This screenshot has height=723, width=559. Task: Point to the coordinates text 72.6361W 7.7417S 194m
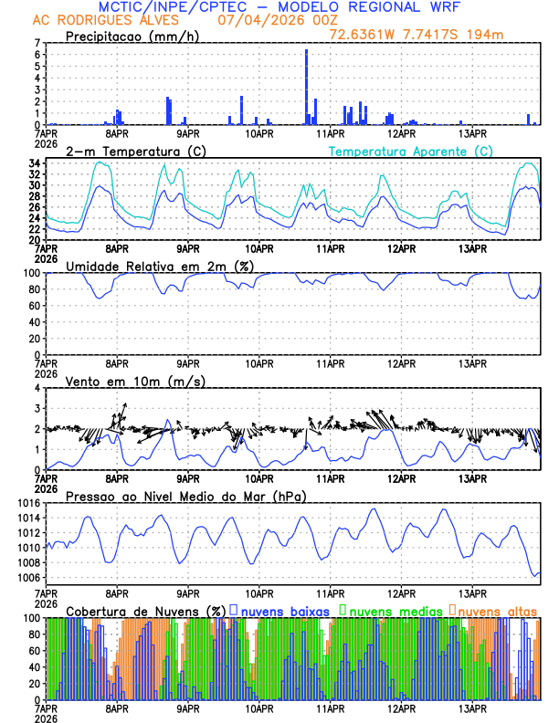(x=417, y=35)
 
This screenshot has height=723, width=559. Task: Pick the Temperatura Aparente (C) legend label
(x=411, y=151)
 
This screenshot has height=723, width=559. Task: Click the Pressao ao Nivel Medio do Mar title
(x=186, y=496)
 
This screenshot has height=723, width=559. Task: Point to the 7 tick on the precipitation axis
(x=37, y=43)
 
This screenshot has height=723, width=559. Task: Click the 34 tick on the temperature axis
(x=35, y=163)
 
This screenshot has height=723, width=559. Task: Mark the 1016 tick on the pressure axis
(x=29, y=503)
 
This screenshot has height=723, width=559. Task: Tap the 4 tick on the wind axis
(x=37, y=388)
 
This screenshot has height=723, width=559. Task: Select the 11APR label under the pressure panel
(x=330, y=593)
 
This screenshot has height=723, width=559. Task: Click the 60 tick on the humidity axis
(x=35, y=306)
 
